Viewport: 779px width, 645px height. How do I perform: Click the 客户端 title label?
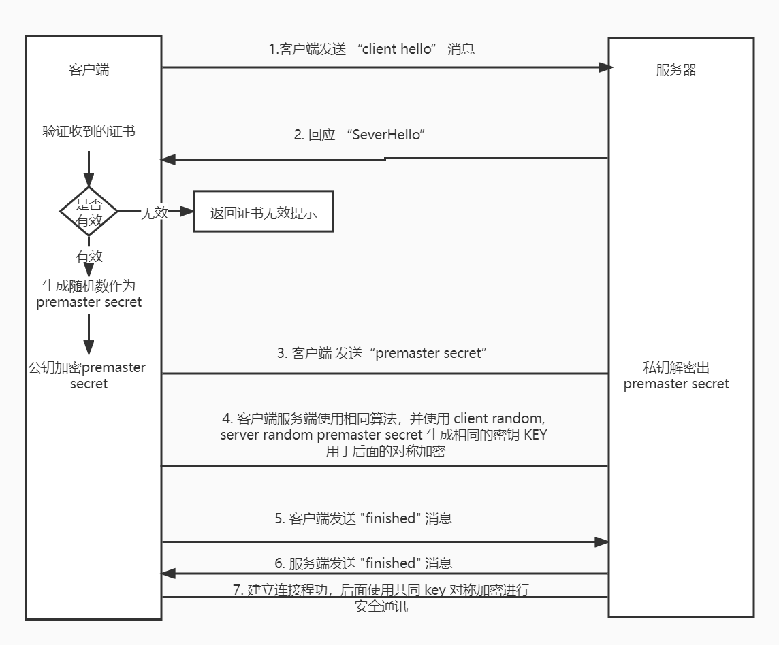[x=89, y=69]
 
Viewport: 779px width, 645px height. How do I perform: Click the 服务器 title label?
[x=676, y=70]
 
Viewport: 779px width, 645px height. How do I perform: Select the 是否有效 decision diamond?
[x=89, y=211]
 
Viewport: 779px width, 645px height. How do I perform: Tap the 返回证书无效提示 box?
[x=264, y=212]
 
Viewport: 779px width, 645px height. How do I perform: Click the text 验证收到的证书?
[x=89, y=131]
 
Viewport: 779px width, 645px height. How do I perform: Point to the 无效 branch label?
[x=154, y=212]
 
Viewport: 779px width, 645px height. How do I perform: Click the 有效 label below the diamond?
[x=89, y=256]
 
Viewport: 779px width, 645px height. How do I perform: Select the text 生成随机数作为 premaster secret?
[x=89, y=294]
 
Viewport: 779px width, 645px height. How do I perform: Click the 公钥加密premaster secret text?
[x=88, y=376]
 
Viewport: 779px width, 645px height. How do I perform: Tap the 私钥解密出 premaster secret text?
[x=676, y=376]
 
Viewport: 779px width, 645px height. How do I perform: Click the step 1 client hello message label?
[x=371, y=49]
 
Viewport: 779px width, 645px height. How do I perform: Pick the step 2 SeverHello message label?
[x=360, y=135]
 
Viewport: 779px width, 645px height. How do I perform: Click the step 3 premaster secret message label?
[x=381, y=353]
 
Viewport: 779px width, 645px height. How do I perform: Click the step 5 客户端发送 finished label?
[x=363, y=518]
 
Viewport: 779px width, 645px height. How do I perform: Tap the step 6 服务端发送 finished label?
[x=363, y=563]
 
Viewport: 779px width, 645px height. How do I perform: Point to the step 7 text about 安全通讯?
[x=381, y=597]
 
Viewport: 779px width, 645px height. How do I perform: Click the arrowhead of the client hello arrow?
[x=605, y=67]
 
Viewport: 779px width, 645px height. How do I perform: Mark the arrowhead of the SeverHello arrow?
[x=168, y=160]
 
